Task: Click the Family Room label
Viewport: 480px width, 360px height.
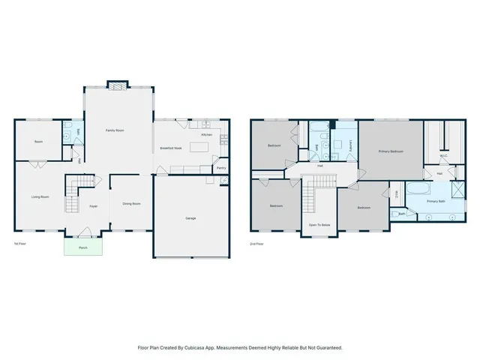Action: [x=115, y=130]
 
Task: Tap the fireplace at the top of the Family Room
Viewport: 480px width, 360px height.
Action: [x=116, y=85]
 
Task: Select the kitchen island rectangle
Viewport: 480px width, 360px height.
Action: [x=199, y=147]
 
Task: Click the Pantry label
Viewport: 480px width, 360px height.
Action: [x=221, y=168]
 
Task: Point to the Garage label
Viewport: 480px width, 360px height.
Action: [x=191, y=217]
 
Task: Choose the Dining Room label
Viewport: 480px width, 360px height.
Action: [x=131, y=203]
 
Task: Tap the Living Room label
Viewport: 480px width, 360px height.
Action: [x=40, y=196]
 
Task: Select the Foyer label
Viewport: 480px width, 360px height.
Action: [x=94, y=205]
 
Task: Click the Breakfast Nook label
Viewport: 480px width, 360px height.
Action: [x=172, y=148]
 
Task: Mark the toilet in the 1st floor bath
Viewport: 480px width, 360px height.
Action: [x=68, y=127]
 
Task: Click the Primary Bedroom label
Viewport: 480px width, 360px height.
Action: [x=391, y=151]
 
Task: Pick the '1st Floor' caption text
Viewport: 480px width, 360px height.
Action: [x=20, y=244]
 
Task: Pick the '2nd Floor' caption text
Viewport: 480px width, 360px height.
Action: [x=257, y=244]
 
